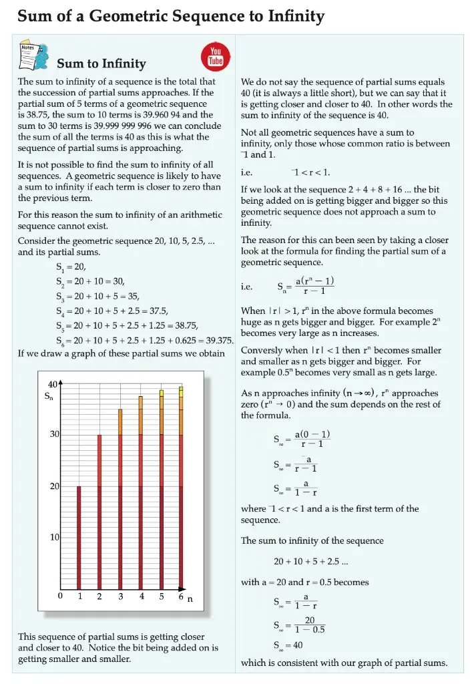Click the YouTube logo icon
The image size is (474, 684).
point(216,57)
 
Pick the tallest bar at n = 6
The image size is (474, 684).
point(181,488)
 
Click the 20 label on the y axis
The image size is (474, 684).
point(55,486)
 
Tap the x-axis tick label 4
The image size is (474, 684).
point(142,596)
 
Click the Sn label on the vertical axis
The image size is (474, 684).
point(49,397)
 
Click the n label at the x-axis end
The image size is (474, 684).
point(190,598)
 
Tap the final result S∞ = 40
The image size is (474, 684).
point(288,646)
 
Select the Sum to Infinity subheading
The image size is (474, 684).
point(101,64)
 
